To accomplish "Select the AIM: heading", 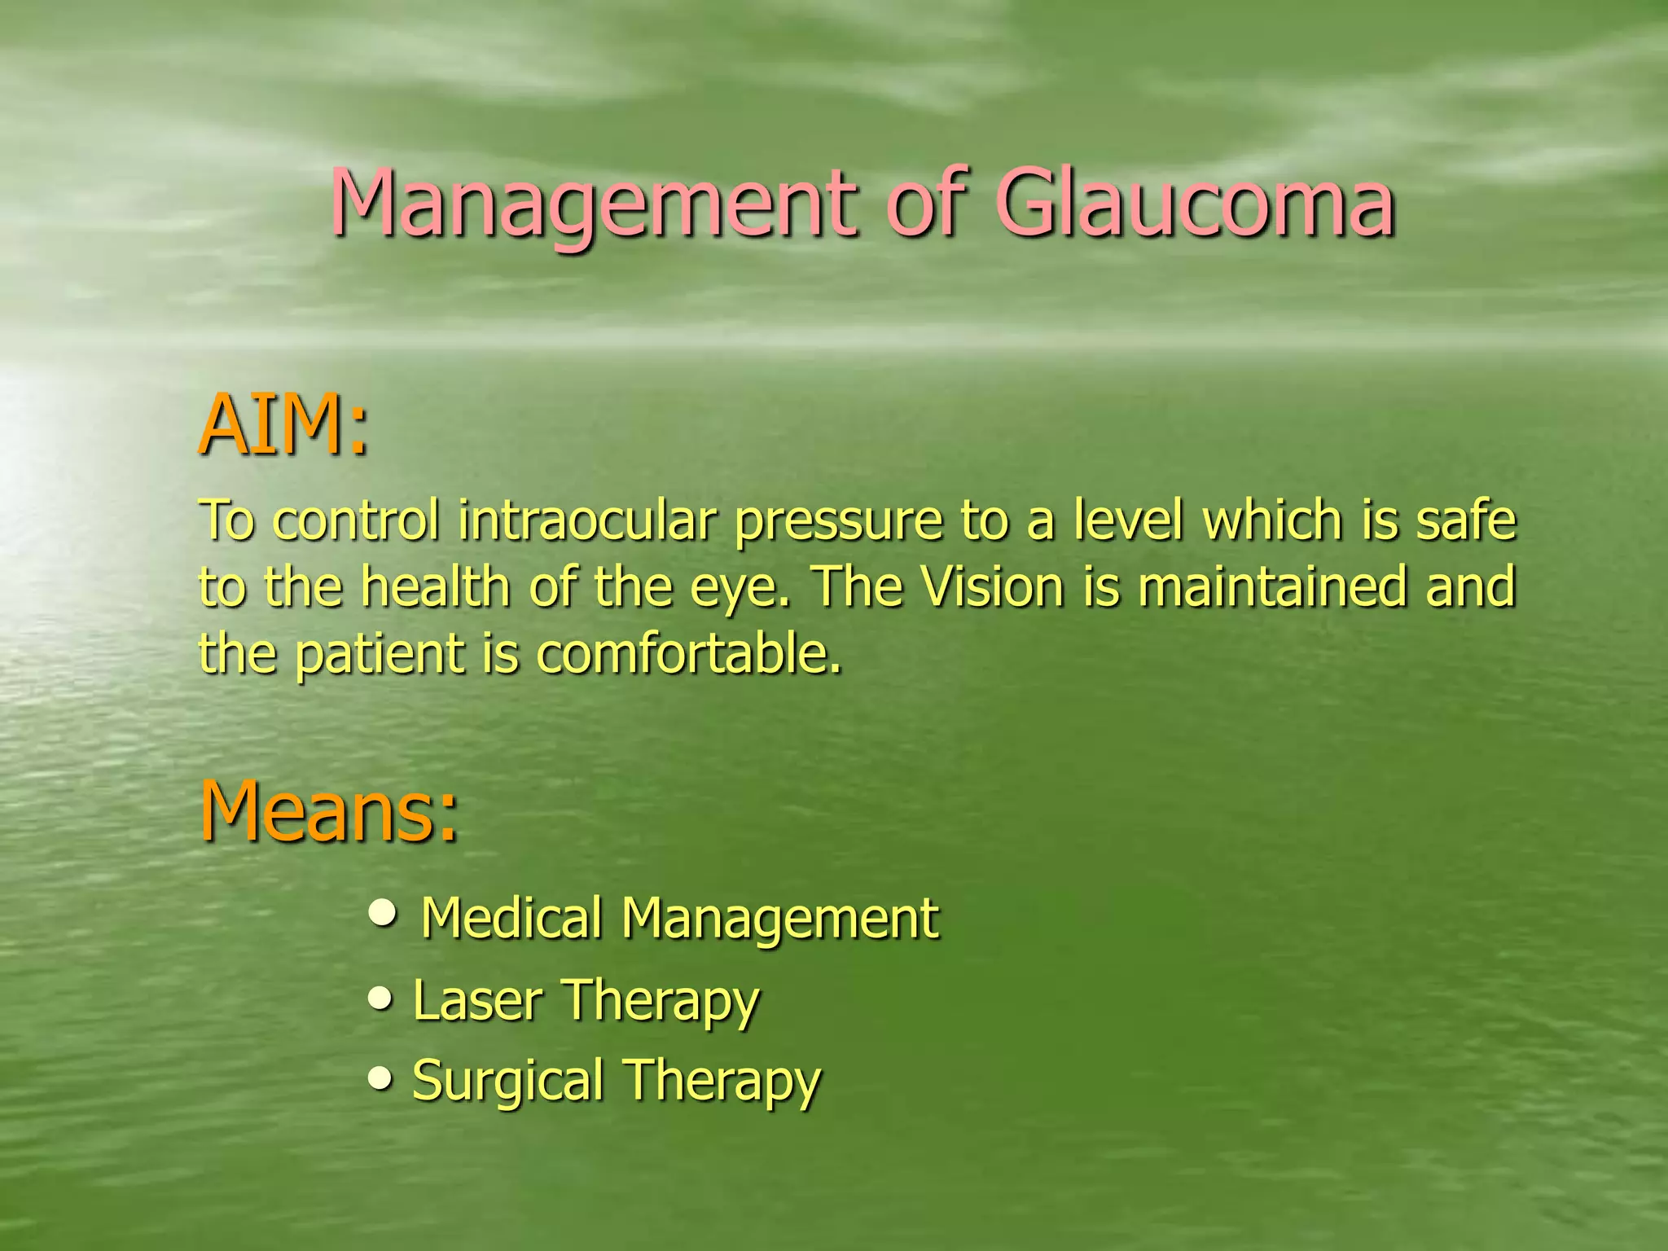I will pyautogui.click(x=284, y=425).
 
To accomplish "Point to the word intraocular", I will pyautogui.click(x=587, y=520).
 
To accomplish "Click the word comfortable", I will pyautogui.click(x=688, y=653).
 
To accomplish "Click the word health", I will pyautogui.click(x=436, y=586).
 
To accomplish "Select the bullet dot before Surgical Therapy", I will pyautogui.click(x=380, y=1079).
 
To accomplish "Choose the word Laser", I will pyautogui.click(x=477, y=1000).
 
